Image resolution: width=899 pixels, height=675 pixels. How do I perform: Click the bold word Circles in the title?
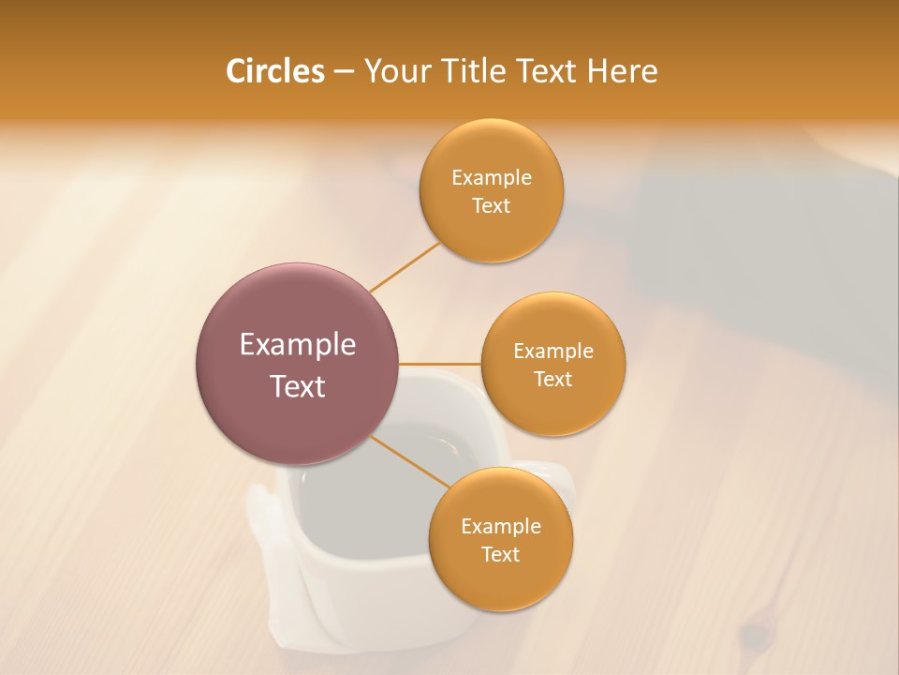tap(274, 71)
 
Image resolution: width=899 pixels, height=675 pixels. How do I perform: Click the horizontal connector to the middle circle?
tap(440, 363)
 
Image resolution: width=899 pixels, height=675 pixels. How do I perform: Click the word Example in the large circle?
tap(298, 345)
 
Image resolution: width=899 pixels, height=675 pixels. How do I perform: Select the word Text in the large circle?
tap(298, 386)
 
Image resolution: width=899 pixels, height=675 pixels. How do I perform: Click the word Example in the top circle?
tap(491, 177)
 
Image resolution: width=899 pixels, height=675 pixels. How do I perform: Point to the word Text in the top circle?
tap(491, 205)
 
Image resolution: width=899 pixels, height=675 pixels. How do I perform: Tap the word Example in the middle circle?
tap(553, 351)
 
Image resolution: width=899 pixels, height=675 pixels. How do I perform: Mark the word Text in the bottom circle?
tap(500, 554)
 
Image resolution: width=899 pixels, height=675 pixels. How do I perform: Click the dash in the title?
tap(344, 71)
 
